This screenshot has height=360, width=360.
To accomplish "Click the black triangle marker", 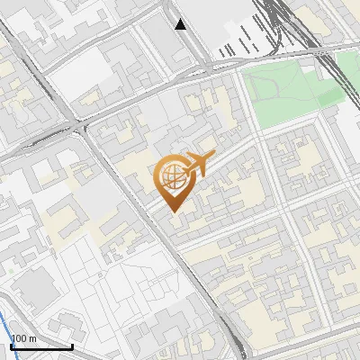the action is pyautogui.click(x=182, y=24).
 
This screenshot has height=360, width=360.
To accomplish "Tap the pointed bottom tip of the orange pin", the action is pyautogui.click(x=174, y=211).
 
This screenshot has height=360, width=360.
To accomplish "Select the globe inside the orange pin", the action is pyautogui.click(x=173, y=176).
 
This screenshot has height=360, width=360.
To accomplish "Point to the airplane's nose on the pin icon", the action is pyautogui.click(x=213, y=158).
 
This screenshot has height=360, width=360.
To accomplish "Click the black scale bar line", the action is pyautogui.click(x=40, y=346).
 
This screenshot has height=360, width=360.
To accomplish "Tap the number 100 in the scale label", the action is pyautogui.click(x=18, y=339).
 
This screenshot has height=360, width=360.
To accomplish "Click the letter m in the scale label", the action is pyautogui.click(x=31, y=339).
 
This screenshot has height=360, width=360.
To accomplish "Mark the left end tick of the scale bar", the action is pyautogui.click(x=10, y=345).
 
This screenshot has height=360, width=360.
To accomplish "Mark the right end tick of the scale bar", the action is pyautogui.click(x=72, y=345).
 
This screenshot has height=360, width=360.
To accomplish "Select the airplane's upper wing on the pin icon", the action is pyautogui.click(x=200, y=153).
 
